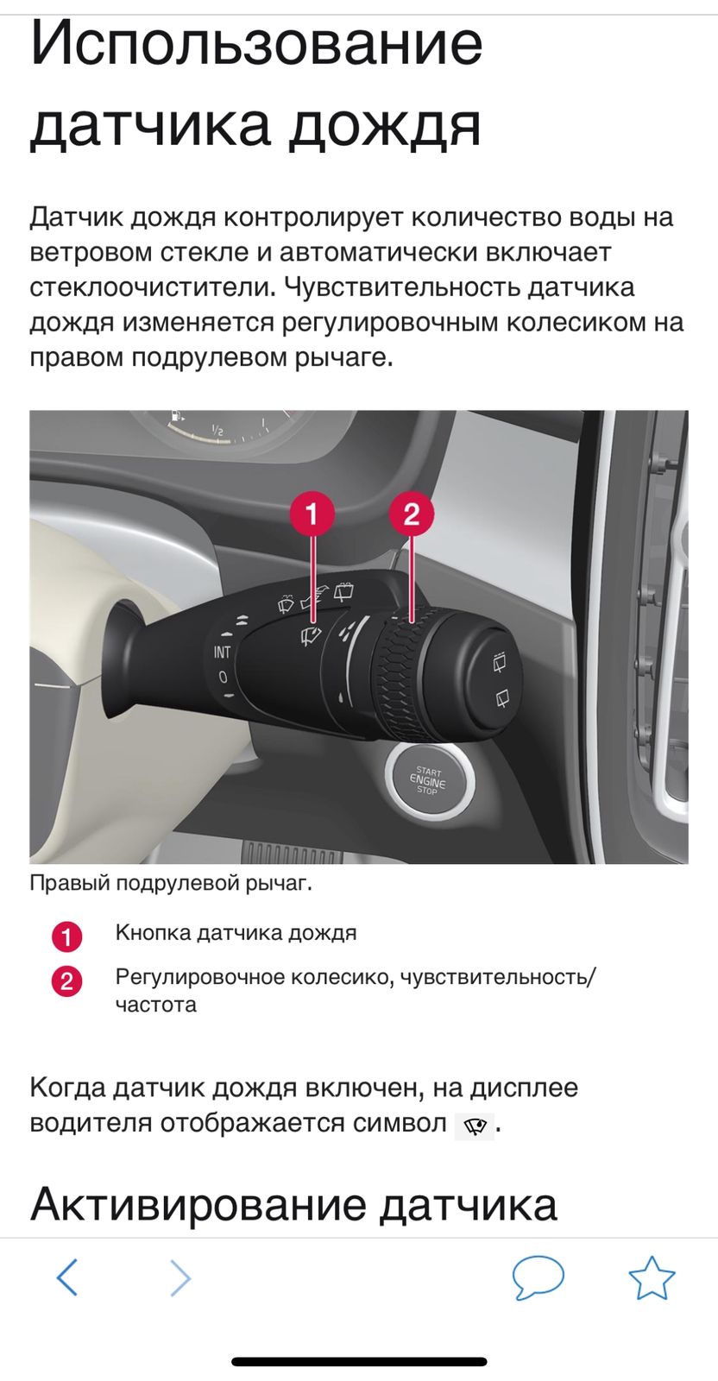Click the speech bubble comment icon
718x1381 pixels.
tap(538, 1277)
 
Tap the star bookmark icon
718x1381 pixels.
tap(652, 1277)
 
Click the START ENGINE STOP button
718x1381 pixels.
tap(429, 780)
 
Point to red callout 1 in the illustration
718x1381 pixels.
tap(312, 513)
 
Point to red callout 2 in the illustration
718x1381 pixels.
tap(411, 513)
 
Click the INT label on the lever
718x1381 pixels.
tap(222, 652)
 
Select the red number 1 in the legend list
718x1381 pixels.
tap(66, 937)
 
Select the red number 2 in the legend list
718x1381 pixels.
tap(66, 981)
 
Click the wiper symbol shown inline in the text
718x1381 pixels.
tap(474, 1126)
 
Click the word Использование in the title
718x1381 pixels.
tap(256, 43)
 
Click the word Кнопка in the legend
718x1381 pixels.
tap(154, 932)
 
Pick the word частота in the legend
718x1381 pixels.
tap(156, 1005)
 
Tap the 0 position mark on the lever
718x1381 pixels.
tap(223, 677)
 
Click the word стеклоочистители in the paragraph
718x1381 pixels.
tap(152, 287)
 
